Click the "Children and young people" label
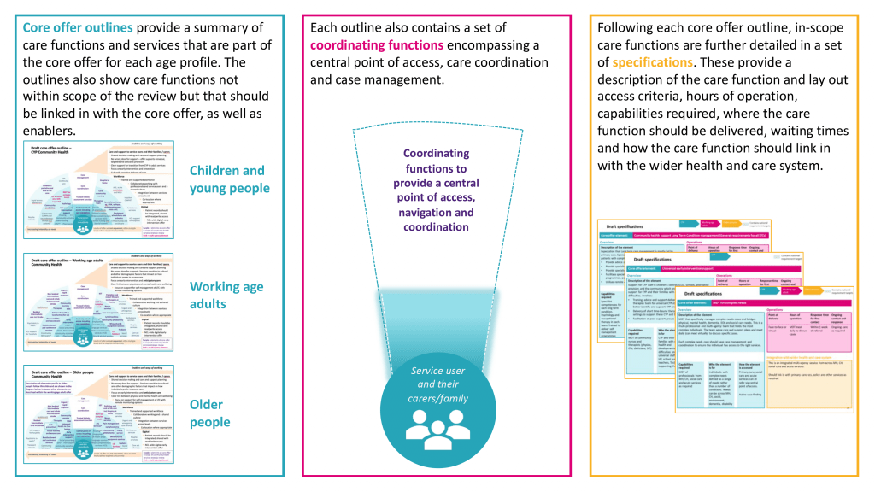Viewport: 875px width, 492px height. (227, 179)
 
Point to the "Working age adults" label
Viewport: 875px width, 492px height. (226, 296)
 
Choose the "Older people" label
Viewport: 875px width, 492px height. (210, 413)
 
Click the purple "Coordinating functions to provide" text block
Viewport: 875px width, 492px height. (437, 190)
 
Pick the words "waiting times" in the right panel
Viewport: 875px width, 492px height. (796, 131)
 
